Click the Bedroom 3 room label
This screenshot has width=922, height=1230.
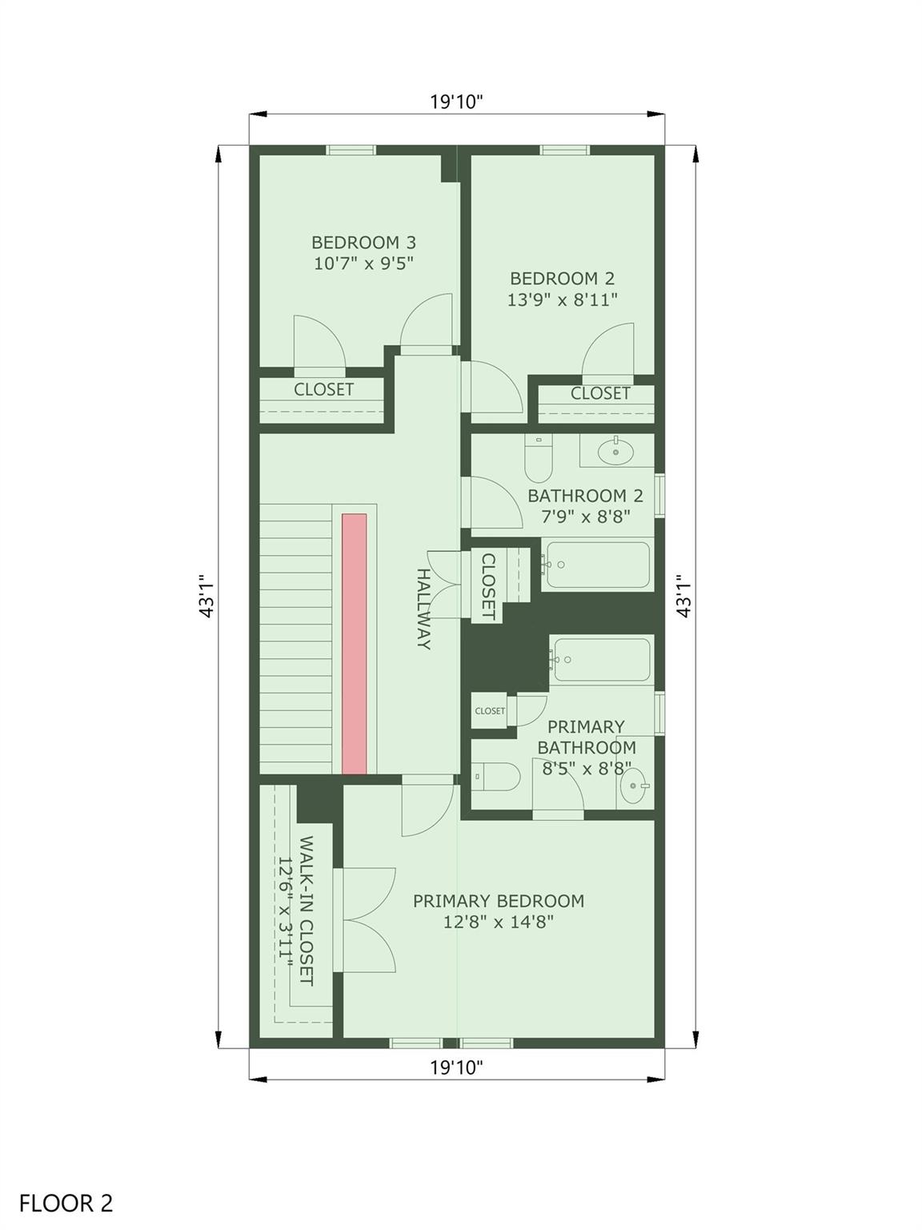pyautogui.click(x=364, y=243)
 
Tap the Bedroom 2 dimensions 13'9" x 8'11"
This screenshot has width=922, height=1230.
pyautogui.click(x=562, y=299)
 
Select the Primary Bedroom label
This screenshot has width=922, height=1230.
pyautogui.click(x=499, y=901)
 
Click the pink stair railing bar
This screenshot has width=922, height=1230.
pyautogui.click(x=355, y=644)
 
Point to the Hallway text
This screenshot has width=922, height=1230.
pyautogui.click(x=423, y=609)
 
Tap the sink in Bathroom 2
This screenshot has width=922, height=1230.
pyautogui.click(x=615, y=451)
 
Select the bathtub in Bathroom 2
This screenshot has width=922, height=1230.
pyautogui.click(x=597, y=565)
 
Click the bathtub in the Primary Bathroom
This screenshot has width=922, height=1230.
pyautogui.click(x=601, y=659)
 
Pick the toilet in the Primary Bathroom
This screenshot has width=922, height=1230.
pyautogui.click(x=496, y=777)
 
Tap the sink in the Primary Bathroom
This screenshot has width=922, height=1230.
pyautogui.click(x=635, y=786)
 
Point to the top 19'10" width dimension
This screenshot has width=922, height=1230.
pyautogui.click(x=456, y=102)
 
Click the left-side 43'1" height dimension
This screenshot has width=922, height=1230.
pyautogui.click(x=206, y=596)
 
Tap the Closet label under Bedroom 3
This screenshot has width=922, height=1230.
pyautogui.click(x=323, y=389)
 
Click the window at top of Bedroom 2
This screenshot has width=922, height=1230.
pyautogui.click(x=565, y=150)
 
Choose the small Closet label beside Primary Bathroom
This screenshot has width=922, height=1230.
pyautogui.click(x=490, y=710)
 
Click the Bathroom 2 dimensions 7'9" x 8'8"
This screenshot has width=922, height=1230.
pyautogui.click(x=586, y=516)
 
